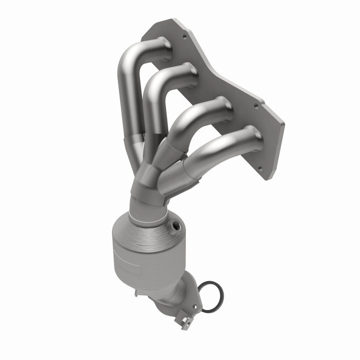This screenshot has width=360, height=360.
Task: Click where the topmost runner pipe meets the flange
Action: tap(165, 44)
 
